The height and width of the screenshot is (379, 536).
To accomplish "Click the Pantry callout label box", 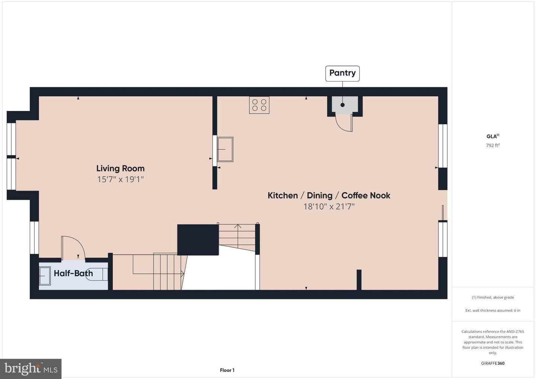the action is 342,73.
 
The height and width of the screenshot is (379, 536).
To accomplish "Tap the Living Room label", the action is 120,168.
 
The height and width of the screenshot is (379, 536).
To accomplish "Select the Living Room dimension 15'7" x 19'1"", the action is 120,179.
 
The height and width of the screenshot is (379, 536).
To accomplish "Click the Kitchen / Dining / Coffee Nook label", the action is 329,195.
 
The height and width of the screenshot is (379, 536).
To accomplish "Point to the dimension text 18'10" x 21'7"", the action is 329,206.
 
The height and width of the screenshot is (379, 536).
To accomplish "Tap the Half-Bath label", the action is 73,273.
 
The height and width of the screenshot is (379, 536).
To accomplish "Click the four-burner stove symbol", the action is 259,105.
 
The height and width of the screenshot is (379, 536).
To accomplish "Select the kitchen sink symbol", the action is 225,149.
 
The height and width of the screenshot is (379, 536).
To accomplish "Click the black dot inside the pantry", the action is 342,105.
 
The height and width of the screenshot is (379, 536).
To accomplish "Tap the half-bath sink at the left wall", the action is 45,276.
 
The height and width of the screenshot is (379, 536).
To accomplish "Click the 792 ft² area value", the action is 493,145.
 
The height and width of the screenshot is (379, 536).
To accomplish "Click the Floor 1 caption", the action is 227,370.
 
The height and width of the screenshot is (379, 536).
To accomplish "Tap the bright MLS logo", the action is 31,369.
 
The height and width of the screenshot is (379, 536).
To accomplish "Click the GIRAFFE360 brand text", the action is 493,363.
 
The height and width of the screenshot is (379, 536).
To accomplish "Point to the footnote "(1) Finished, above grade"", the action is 493,297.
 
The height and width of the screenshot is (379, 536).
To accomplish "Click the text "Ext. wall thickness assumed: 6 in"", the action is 493,310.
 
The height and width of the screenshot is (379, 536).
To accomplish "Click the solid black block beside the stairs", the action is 198,240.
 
